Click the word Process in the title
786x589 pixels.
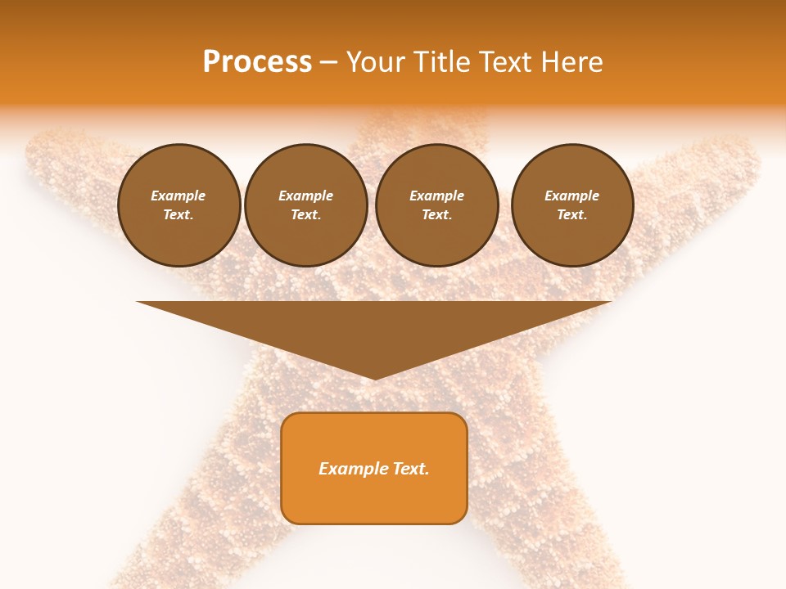coord(257,62)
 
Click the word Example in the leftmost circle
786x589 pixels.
coord(178,196)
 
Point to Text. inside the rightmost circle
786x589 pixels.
coord(571,214)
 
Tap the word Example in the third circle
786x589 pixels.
coord(436,196)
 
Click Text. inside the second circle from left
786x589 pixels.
coord(305,214)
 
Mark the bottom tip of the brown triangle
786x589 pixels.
coord(374,378)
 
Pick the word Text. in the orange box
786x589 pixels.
coord(411,469)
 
